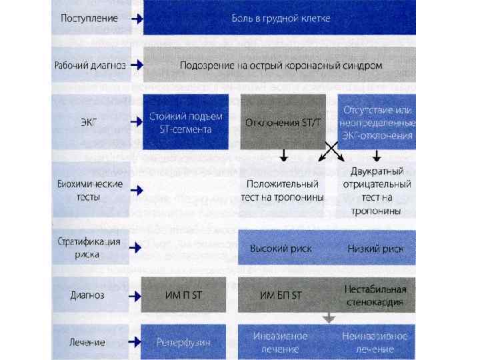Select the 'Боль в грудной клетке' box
pos(280,19)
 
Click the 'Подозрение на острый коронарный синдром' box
pos(280,65)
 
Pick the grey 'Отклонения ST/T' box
pos(283,122)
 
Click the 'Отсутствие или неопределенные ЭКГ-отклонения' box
pos(377,122)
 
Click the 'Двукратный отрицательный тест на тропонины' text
pos(377,190)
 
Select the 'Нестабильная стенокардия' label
pos(376,295)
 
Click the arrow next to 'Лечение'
pos(135,343)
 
